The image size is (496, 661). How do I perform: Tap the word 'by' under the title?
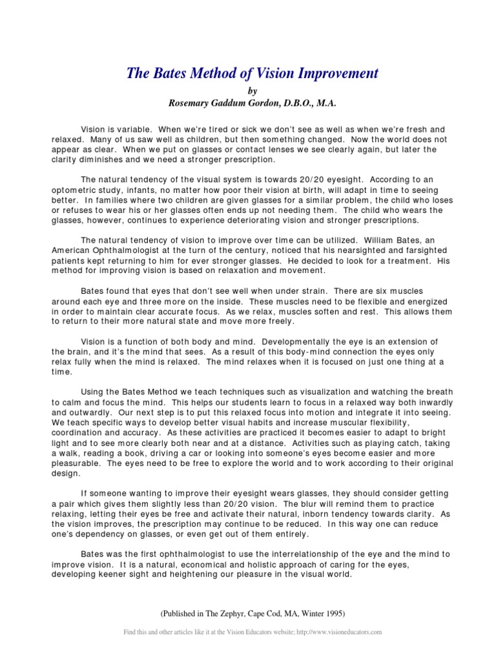[247, 91]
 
